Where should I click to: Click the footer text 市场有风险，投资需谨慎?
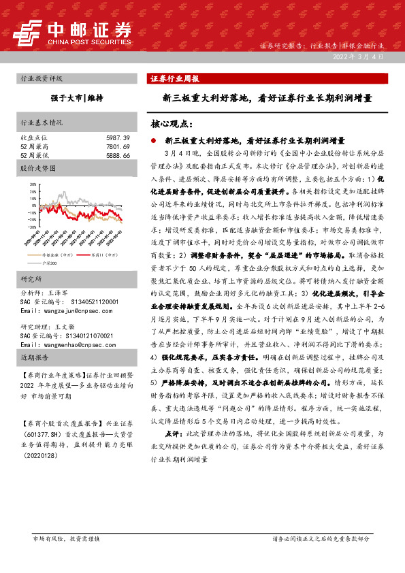coord(67,558)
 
